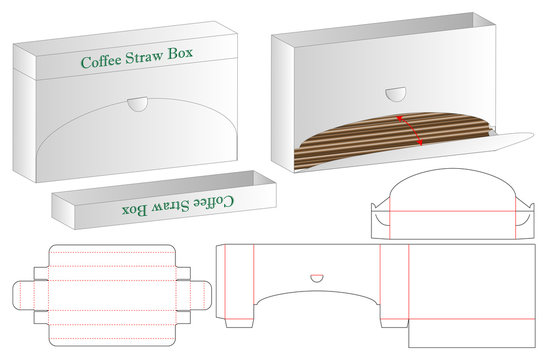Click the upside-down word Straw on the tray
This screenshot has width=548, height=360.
(x=169, y=207)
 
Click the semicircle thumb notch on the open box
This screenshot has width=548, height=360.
(x=396, y=96)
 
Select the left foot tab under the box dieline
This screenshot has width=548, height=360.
(x=241, y=321)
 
